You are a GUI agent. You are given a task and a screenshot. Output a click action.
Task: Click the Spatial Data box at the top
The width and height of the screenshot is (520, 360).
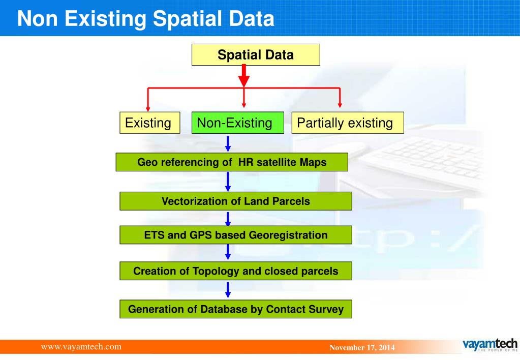256,55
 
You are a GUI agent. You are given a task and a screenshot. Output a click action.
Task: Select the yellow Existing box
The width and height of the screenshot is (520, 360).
150,123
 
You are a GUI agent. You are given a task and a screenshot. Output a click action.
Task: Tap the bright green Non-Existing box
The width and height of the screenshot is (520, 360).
238,123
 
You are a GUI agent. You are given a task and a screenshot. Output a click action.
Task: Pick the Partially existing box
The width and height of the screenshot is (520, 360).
348,123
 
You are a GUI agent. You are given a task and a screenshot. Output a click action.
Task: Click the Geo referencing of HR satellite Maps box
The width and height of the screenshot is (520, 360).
232,162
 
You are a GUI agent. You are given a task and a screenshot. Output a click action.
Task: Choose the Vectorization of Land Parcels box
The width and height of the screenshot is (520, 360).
236,201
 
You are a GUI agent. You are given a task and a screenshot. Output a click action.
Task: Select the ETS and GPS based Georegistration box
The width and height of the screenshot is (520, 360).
236,235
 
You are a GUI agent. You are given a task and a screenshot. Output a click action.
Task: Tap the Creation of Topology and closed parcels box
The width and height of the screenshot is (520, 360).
236,271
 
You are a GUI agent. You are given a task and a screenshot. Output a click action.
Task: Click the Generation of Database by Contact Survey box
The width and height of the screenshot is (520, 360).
236,309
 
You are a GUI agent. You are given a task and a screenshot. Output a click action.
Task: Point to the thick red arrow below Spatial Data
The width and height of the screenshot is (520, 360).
244,76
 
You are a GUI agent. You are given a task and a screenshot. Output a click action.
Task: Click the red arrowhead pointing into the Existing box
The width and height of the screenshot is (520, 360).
148,109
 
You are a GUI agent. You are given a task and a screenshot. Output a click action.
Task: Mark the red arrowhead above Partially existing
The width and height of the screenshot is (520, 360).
340,105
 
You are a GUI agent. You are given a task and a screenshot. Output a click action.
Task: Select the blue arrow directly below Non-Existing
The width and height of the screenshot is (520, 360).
228,144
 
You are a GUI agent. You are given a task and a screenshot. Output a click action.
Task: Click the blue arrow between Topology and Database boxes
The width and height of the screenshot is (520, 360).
228,290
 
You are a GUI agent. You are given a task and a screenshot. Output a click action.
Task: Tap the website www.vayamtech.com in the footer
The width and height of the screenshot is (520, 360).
81,347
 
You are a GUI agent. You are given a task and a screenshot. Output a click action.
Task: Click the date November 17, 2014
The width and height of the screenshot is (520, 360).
362,347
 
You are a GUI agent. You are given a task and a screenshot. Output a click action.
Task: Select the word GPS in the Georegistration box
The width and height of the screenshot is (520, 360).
200,235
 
